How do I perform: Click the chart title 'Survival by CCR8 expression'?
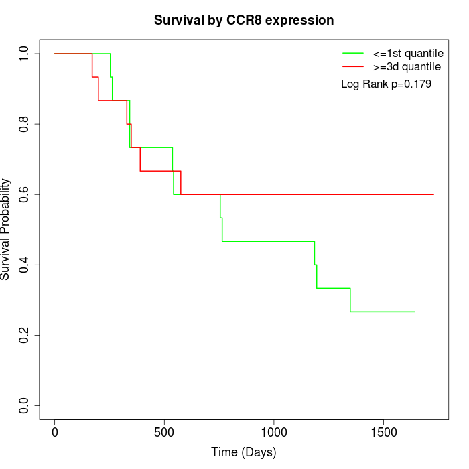click(x=244, y=21)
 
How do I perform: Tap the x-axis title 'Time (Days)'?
click(x=244, y=452)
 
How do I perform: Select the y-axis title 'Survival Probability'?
click(x=6, y=229)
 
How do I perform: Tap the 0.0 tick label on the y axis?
click(x=25, y=405)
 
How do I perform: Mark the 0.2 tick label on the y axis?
click(x=25, y=335)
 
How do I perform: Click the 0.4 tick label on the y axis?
click(x=25, y=265)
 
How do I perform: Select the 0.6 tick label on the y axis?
click(x=25, y=194)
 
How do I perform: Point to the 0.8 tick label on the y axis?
click(x=25, y=124)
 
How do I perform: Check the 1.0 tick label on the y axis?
click(x=25, y=54)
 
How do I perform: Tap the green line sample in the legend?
click(x=353, y=53)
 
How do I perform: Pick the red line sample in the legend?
click(x=353, y=66)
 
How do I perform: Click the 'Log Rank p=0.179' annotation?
click(x=386, y=84)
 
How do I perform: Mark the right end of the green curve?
click(x=415, y=312)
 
